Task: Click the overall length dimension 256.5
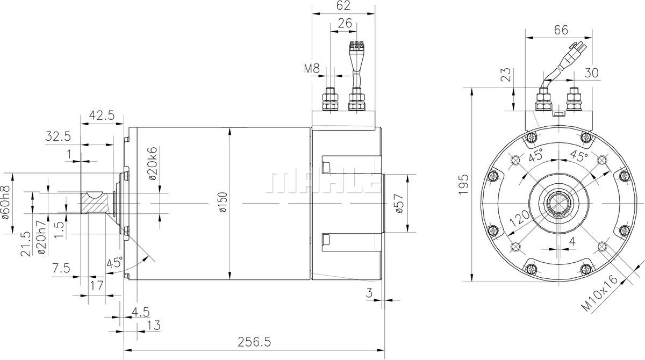[x=254, y=342]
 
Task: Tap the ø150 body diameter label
[x=223, y=203]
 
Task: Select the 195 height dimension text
[x=463, y=184]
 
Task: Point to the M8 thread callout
[x=312, y=68]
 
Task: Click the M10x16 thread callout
[x=600, y=293]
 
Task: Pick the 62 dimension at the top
[x=343, y=5]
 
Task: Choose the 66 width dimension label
[x=561, y=30]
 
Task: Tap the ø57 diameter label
[x=399, y=203]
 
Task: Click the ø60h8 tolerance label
[x=6, y=203]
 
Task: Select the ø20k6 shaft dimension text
[x=153, y=163]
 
